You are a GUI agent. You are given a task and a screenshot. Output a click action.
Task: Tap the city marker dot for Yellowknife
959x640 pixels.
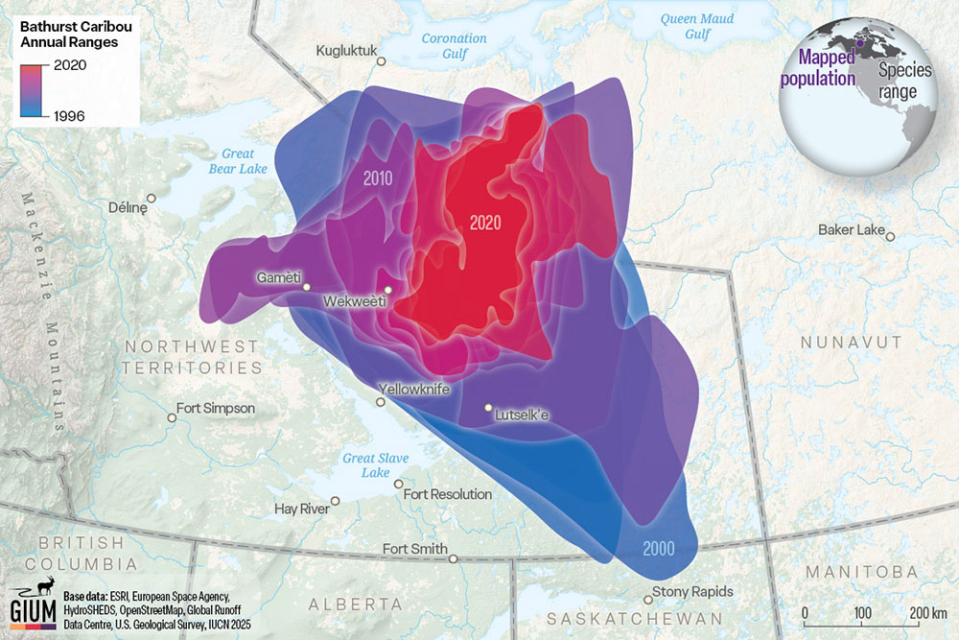click(x=381, y=403)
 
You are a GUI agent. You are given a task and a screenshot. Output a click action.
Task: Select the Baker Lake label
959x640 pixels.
click(x=850, y=230)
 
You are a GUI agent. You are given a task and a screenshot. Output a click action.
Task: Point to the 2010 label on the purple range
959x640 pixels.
click(x=380, y=179)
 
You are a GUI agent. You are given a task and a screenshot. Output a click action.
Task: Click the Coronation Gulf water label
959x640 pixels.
click(x=455, y=46)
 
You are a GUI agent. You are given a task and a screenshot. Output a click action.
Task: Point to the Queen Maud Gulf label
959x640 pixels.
click(x=697, y=26)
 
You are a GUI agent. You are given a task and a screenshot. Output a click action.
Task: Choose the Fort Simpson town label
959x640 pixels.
click(x=216, y=409)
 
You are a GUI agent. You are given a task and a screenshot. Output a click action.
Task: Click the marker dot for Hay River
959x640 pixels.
click(x=336, y=501)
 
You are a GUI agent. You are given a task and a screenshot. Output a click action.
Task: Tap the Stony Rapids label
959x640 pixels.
click(x=692, y=592)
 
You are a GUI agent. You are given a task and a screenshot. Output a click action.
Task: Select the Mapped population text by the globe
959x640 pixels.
click(x=818, y=70)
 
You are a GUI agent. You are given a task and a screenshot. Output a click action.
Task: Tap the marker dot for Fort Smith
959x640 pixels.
click(x=454, y=558)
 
